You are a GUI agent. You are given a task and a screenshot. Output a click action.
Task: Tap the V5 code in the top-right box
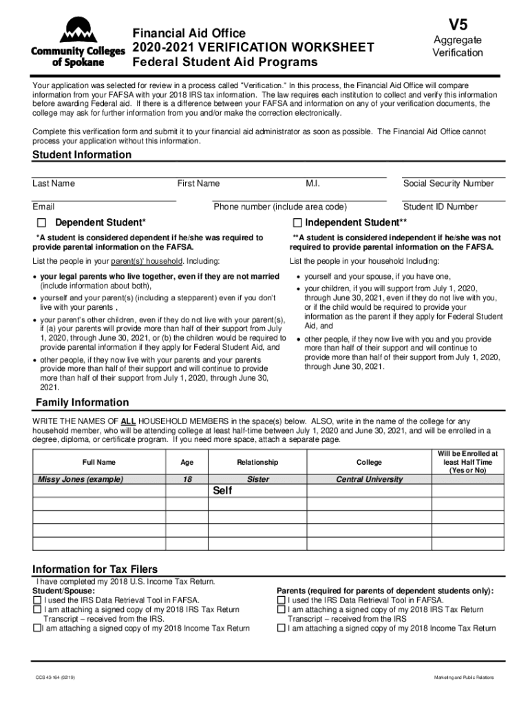pos(457,24)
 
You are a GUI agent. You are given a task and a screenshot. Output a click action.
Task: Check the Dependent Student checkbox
pos(41,223)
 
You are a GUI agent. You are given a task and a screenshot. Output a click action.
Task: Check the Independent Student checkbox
pos(297,223)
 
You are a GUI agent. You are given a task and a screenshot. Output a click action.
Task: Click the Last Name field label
pos(54,183)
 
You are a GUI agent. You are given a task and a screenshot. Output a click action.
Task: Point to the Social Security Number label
pos(448,183)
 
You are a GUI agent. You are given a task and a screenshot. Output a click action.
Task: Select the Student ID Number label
pos(440,207)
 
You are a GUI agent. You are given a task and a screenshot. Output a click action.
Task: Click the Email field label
pos(43,207)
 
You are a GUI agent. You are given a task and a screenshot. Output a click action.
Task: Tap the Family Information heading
pos(82,402)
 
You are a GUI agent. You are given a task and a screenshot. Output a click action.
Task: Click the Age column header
pos(187,463)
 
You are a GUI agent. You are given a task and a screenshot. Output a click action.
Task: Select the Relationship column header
pos(257,463)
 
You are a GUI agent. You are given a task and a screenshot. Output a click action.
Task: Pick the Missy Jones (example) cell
pos(82,479)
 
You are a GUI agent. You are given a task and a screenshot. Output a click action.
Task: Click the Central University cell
pos(369,479)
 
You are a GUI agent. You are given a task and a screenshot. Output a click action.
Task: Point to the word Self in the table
pos(222,491)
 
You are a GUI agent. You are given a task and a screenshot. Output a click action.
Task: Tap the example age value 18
pos(187,479)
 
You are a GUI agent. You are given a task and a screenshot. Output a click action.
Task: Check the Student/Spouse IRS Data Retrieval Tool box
pos(37,600)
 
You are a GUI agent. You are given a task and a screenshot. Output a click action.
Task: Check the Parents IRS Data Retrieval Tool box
pos(281,600)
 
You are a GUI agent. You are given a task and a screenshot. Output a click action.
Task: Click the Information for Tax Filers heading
pos(95,569)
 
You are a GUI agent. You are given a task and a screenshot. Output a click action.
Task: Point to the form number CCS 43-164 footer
pos(56,678)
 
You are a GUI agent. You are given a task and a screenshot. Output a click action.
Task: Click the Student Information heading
pos(82,155)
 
